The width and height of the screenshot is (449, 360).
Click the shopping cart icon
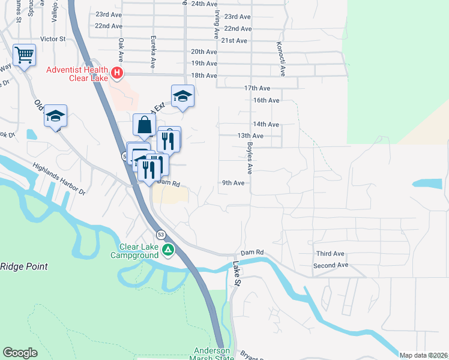click(25, 56)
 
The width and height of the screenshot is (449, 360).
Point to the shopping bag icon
click(144, 125)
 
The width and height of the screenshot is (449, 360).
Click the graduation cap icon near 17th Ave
click(182, 96)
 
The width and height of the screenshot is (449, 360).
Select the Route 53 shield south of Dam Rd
click(160, 233)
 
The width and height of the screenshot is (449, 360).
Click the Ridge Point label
click(23, 266)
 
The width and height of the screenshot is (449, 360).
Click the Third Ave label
click(330, 254)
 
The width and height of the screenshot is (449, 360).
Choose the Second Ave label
click(331, 265)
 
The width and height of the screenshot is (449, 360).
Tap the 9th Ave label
click(233, 182)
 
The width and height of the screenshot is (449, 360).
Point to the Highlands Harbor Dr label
click(59, 179)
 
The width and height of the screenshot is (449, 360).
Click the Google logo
click(20, 353)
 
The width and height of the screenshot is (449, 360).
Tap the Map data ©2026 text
click(423, 355)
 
